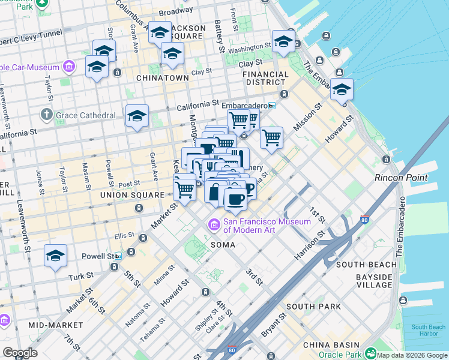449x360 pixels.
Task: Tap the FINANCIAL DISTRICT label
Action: (264, 78)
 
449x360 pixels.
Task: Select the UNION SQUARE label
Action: (132, 196)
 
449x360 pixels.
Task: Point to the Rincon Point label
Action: (401, 178)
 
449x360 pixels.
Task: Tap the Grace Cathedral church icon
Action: (47, 115)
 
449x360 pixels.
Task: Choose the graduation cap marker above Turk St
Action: (55, 256)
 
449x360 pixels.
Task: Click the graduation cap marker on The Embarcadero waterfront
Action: (341, 90)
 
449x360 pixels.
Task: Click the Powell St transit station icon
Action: (118, 256)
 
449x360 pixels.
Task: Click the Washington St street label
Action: (250, 47)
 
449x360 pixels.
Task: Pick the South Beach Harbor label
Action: (428, 331)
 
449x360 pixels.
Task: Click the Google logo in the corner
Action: (20, 352)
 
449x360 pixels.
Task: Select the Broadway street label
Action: (175, 11)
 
